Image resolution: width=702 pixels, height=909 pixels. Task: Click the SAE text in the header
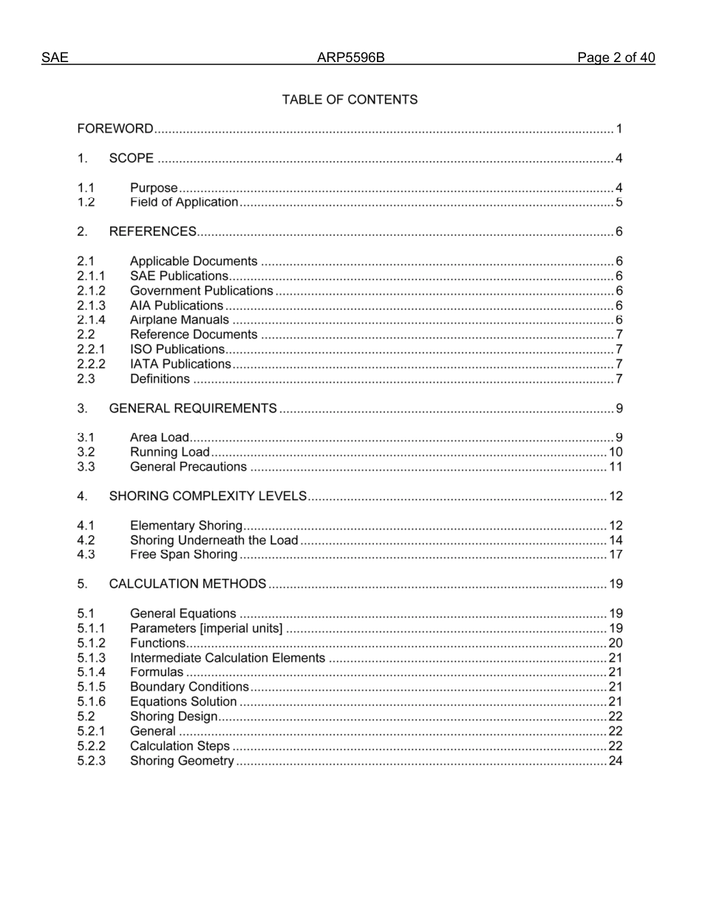pos(55,58)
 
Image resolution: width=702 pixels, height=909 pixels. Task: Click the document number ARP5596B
pos(350,58)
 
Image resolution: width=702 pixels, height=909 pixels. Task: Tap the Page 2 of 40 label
pos(616,58)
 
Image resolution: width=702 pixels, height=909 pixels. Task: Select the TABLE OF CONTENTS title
pos(350,100)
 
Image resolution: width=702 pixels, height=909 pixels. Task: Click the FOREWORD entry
pos(115,129)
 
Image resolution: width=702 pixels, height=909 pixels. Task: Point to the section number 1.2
pos(86,202)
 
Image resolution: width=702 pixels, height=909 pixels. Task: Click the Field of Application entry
pos(184,202)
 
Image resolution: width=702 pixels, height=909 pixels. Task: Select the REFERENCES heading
pos(152,232)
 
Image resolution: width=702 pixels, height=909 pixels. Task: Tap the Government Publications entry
pos(201,291)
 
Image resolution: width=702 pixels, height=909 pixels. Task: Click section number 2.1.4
pos(91,320)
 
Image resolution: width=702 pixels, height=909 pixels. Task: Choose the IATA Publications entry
pos(180,364)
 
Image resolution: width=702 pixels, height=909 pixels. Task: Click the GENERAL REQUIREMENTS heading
pos(193,409)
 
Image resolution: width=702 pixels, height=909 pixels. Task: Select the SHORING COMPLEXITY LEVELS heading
pos(208,497)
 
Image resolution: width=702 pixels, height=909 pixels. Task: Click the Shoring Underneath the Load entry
pos(214,540)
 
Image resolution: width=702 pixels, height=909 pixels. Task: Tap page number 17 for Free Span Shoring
pos(616,555)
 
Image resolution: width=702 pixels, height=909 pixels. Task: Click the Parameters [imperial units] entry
pos(206,629)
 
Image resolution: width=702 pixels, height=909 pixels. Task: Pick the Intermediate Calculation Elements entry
pos(227,658)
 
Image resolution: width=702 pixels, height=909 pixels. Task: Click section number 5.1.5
pos(91,687)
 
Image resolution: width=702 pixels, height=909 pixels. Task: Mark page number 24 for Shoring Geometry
pos(616,761)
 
